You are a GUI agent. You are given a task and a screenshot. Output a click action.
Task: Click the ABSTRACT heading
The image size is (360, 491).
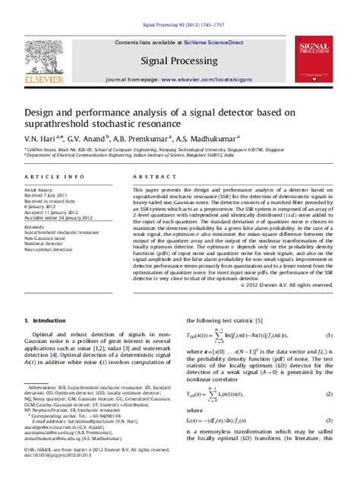[149, 175]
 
